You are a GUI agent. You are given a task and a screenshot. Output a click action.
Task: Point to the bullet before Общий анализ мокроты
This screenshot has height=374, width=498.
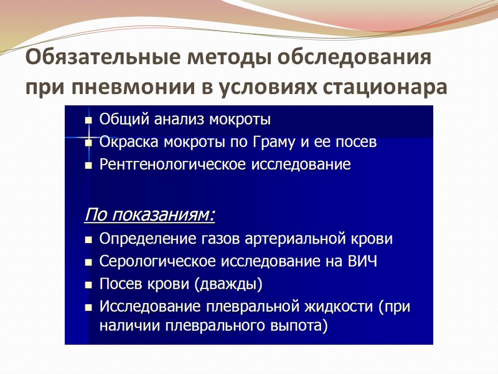88,120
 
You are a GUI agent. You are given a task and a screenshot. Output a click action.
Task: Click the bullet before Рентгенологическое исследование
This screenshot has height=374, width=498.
88,166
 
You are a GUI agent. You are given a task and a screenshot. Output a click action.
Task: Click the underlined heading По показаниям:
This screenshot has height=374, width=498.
149,216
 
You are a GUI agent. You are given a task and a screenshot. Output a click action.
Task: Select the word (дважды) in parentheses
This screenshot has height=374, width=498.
228,285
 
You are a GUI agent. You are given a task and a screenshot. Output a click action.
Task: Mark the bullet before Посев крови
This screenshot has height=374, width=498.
88,285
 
